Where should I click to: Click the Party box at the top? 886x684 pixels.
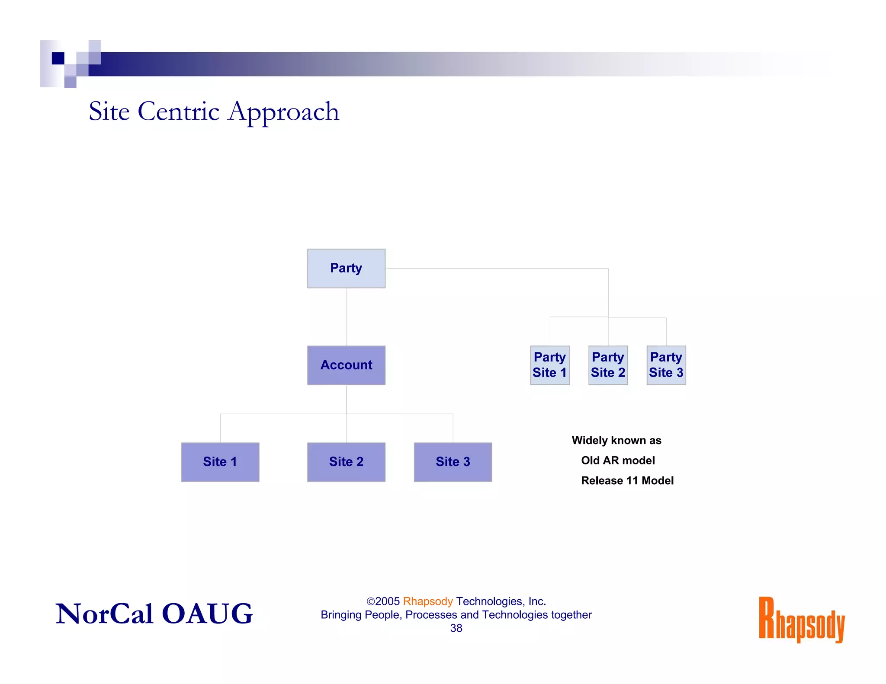click(346, 268)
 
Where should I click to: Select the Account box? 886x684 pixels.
click(346, 365)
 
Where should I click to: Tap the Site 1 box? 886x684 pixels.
click(220, 462)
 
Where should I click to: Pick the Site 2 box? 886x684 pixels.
click(346, 462)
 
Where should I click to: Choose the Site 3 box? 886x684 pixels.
click(453, 462)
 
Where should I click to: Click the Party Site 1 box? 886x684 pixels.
click(549, 365)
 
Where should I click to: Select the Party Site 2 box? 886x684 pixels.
click(608, 365)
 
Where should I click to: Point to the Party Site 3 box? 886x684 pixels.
click(666, 365)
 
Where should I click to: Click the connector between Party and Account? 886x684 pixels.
click(346, 316)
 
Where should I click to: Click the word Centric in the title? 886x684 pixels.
click(178, 112)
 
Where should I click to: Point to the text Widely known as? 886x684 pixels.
click(616, 440)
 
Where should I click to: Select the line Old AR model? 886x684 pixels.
click(617, 460)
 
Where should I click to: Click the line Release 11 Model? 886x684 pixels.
click(627, 480)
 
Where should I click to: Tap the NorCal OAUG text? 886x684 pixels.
click(154, 614)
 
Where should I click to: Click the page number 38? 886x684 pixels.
click(456, 628)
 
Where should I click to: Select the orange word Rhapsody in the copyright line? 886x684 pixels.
click(427, 601)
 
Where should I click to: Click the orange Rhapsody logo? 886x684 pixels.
click(801, 620)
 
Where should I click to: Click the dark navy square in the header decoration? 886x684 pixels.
click(58, 58)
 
